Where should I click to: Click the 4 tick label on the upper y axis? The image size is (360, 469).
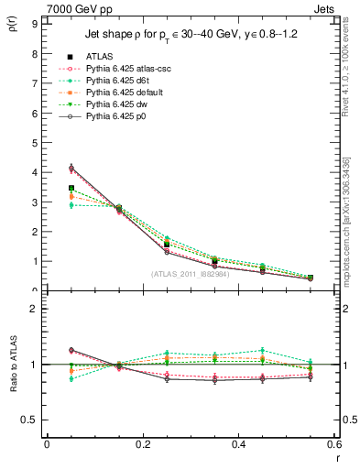(x=34, y=172)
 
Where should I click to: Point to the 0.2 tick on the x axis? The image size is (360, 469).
(x=142, y=444)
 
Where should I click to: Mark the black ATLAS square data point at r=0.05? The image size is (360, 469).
(x=71, y=188)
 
